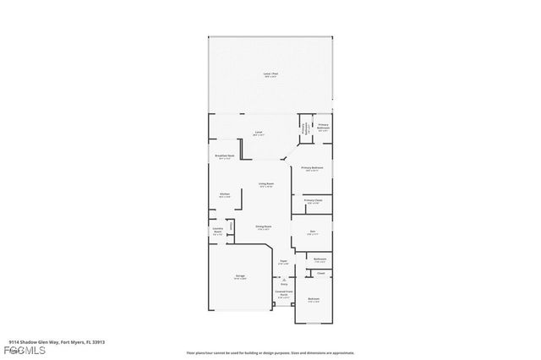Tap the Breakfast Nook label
click(x=225, y=156)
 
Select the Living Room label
click(x=265, y=185)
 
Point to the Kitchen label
click(x=225, y=195)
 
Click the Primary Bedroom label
click(x=313, y=169)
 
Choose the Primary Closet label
click(x=314, y=201)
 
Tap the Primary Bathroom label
click(x=323, y=128)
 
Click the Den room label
click(x=312, y=233)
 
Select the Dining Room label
click(x=264, y=227)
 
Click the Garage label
click(x=240, y=277)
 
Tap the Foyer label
click(x=284, y=263)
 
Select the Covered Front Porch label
click(x=283, y=295)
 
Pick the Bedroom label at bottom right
click(x=314, y=301)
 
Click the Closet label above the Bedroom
click(x=321, y=273)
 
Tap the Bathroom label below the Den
click(x=320, y=260)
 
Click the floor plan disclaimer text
click(x=270, y=352)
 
